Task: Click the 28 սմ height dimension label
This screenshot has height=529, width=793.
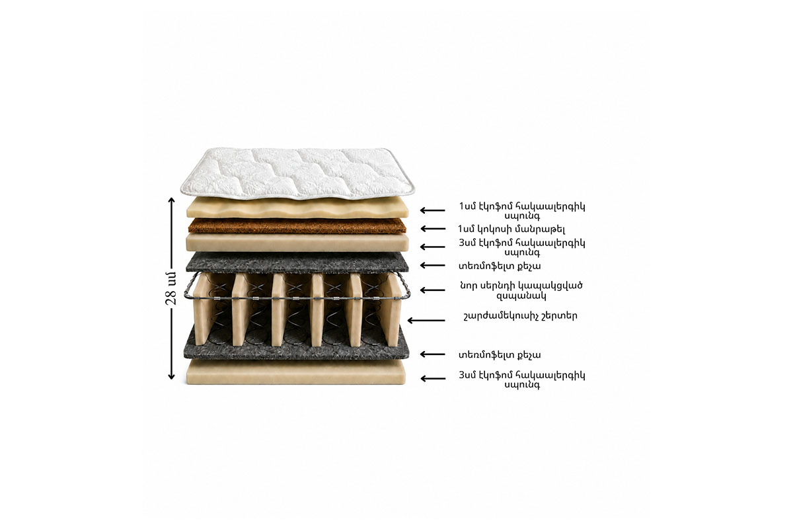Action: pyautogui.click(x=170, y=288)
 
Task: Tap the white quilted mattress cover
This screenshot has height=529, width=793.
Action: pyautogui.click(x=297, y=173)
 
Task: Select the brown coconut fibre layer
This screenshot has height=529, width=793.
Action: pyautogui.click(x=297, y=225)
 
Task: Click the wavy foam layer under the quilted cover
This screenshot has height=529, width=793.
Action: pyautogui.click(x=297, y=208)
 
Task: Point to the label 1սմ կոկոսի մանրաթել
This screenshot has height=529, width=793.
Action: pyautogui.click(x=511, y=229)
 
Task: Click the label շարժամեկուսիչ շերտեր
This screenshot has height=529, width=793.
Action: pyautogui.click(x=520, y=315)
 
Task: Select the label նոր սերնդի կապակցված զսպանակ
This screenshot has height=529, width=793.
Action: pyautogui.click(x=521, y=290)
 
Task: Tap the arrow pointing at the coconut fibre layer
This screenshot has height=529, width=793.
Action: pyautogui.click(x=433, y=229)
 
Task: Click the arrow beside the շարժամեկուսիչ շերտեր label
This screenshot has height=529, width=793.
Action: pyautogui.click(x=426, y=320)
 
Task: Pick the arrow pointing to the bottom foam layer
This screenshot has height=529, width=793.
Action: pyautogui.click(x=433, y=379)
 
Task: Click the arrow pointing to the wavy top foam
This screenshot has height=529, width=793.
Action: pyautogui.click(x=433, y=210)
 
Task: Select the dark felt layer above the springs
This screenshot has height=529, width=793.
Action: pyautogui.click(x=297, y=263)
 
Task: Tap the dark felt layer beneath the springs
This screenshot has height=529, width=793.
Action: pyautogui.click(x=296, y=349)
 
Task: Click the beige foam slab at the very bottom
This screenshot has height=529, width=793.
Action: pyautogui.click(x=296, y=372)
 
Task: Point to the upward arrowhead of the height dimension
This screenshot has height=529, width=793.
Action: pyautogui.click(x=171, y=200)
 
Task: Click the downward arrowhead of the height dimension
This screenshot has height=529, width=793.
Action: pyautogui.click(x=171, y=376)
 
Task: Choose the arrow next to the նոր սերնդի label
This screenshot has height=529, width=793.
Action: pyautogui.click(x=433, y=290)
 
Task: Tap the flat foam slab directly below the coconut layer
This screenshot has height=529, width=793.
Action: pyautogui.click(x=297, y=243)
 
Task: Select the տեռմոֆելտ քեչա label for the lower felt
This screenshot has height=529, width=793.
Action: pyautogui.click(x=500, y=354)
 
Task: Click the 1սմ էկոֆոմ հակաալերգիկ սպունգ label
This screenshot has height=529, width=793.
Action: pyautogui.click(x=522, y=211)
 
